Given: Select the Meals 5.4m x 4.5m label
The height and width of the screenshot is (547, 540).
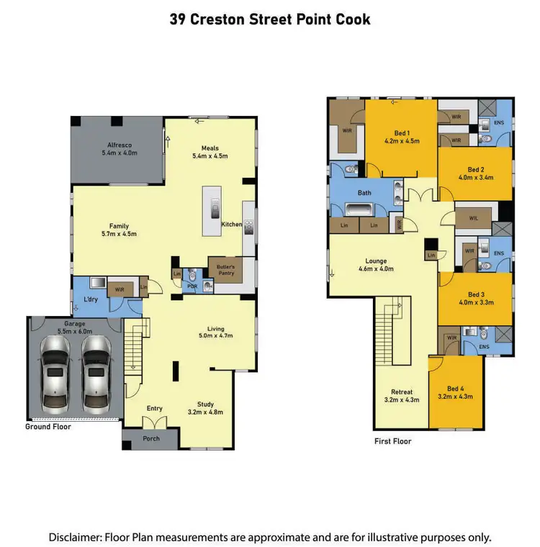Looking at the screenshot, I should coord(210,152).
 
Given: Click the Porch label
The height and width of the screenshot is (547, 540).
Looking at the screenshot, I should coord(151,438).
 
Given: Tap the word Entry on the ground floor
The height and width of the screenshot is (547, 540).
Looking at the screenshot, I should coord(155,408).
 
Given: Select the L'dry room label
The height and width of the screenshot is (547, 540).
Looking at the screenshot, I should coord(91,298).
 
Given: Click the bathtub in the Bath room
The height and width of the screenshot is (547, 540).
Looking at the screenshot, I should coord(358,210).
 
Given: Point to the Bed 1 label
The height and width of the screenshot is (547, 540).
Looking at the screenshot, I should coord(402,137).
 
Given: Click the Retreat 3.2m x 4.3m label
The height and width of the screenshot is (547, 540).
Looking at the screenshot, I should coord(401,396).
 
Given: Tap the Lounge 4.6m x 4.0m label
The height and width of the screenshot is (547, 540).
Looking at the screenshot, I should coord(376,265).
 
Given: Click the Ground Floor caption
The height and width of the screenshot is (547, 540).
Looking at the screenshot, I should coord(48,426).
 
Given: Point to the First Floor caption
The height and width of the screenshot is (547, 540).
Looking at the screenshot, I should coord(393,441).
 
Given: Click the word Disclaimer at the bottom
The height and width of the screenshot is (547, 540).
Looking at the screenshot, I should coord(75,537).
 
